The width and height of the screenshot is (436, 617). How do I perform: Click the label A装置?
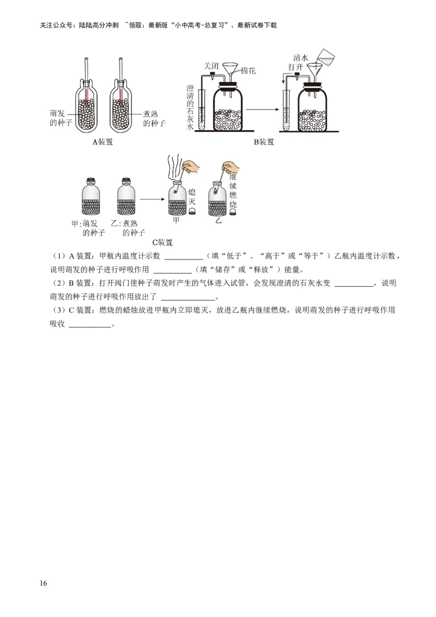[102, 142]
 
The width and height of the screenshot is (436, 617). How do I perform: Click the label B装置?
[263, 142]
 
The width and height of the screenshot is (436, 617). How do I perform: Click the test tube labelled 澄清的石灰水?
[201, 112]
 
